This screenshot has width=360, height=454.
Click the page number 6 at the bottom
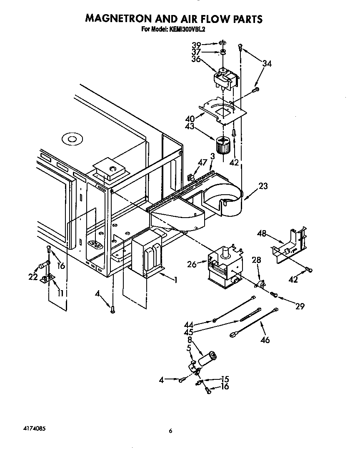coord(171,431)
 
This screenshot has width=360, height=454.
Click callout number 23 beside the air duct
coord(263,186)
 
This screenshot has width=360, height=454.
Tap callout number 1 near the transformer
coord(176,280)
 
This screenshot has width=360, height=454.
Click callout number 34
coord(267,64)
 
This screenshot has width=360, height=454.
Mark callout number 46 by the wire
coord(265,340)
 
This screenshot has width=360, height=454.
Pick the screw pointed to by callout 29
coord(274,295)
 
